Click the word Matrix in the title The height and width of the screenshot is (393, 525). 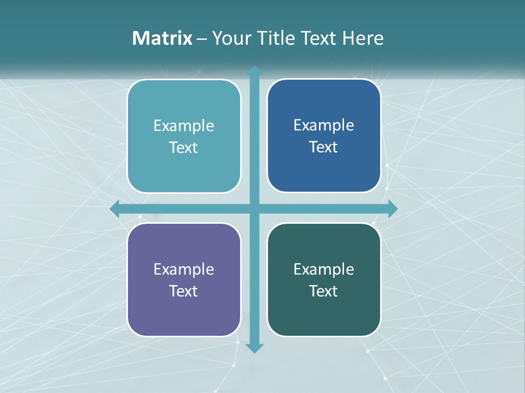[x=162, y=38]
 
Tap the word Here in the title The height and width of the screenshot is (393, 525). [x=363, y=38]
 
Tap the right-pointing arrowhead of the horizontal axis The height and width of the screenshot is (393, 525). [x=392, y=209]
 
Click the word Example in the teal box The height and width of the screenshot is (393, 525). [x=184, y=126]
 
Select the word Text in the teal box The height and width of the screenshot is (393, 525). [x=184, y=148]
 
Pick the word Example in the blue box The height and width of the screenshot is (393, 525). [x=324, y=126]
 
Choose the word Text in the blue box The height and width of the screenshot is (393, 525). [x=324, y=147]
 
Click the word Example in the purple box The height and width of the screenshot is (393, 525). [x=184, y=270]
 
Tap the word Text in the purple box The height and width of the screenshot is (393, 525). [x=184, y=291]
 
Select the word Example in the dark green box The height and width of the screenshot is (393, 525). [x=324, y=270]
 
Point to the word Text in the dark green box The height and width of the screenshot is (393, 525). [x=324, y=291]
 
